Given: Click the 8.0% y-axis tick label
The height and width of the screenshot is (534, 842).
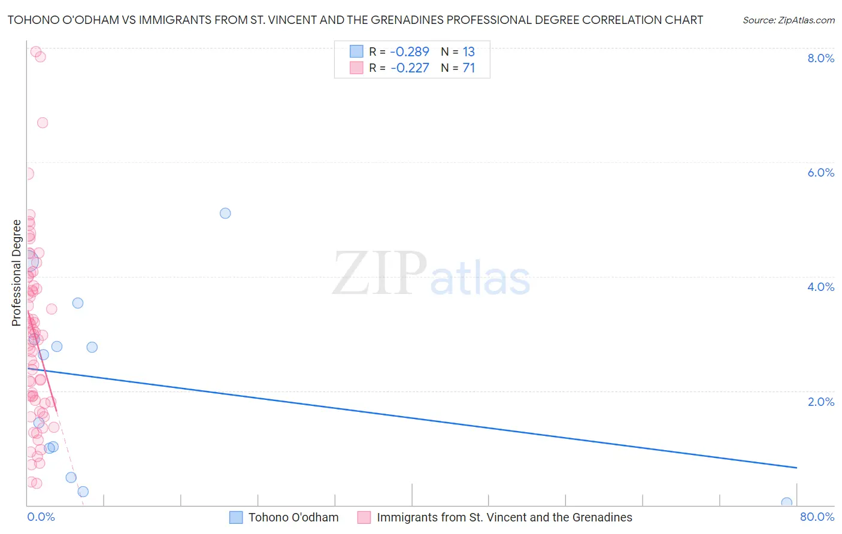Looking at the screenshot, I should (820, 58).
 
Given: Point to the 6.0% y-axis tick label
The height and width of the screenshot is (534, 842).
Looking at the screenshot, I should (820, 172).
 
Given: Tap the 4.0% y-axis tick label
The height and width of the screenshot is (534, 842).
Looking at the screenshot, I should (820, 287).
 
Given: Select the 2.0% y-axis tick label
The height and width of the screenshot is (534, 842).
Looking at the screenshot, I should (820, 402).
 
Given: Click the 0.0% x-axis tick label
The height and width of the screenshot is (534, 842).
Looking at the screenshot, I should (41, 517).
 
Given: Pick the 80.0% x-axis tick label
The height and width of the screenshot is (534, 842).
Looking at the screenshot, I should (817, 517).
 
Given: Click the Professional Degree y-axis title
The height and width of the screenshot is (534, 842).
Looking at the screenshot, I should (16, 273).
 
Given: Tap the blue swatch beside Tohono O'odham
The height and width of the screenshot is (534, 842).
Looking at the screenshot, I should (236, 517).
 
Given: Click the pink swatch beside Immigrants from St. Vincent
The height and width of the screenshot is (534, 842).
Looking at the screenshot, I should (364, 517).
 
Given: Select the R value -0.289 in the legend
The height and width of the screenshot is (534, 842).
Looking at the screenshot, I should (410, 51).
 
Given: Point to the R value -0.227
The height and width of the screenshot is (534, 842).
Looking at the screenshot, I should (410, 68).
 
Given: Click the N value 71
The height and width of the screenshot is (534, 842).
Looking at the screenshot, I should (468, 68).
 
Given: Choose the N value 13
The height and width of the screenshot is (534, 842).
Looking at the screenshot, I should (468, 51).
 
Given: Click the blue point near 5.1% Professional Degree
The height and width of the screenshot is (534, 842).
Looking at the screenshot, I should (225, 213).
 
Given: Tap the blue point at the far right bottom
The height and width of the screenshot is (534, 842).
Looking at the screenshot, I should (786, 503).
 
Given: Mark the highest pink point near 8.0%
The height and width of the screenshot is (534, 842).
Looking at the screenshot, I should (35, 51).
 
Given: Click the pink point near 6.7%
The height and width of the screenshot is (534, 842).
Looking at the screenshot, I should (43, 123).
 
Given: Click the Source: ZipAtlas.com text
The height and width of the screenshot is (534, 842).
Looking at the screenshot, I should (788, 20).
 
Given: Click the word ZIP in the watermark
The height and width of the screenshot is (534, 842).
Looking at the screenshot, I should (379, 273).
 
